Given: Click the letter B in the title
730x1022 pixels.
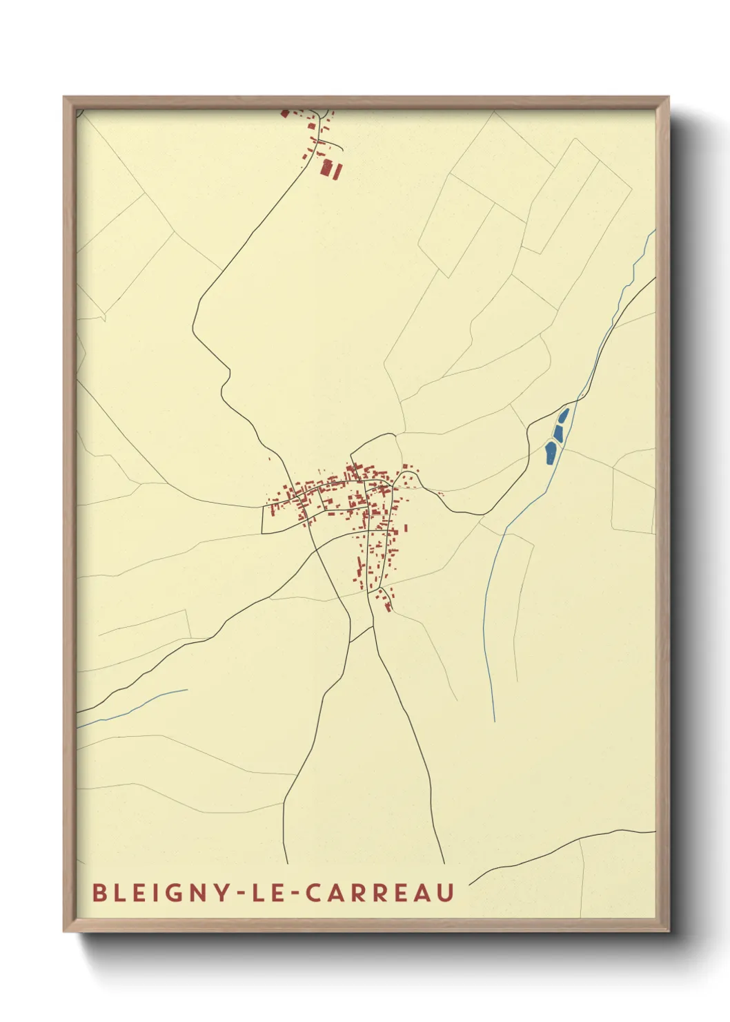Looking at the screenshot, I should [98, 893].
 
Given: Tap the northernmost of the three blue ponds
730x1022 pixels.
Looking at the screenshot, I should [564, 416].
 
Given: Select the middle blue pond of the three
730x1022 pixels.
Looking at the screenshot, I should [558, 433].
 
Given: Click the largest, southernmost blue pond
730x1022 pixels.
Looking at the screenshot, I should [551, 453].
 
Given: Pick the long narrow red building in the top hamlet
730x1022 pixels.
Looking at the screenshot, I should [337, 171].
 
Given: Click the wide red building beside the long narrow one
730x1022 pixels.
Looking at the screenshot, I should [327, 167].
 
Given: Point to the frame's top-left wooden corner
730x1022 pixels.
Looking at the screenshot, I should [68, 101].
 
